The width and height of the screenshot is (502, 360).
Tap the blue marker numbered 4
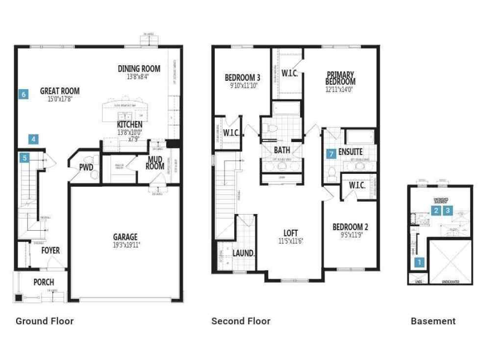point(33,139)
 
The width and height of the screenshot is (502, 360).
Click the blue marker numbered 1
point(419,262)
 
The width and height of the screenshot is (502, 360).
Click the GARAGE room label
point(125,237)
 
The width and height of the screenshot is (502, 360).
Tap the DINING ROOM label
point(139,69)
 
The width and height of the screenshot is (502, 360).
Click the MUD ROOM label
point(154,163)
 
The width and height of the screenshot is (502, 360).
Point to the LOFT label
point(291,233)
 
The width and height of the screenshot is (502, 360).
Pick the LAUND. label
point(244,253)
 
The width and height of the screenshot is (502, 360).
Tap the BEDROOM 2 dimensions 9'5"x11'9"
point(350,234)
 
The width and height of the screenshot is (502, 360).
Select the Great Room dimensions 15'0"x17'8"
point(60,99)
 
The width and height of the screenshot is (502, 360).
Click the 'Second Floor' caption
point(241,321)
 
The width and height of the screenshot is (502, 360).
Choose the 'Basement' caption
point(433,321)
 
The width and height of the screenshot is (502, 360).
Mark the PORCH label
point(44,282)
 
